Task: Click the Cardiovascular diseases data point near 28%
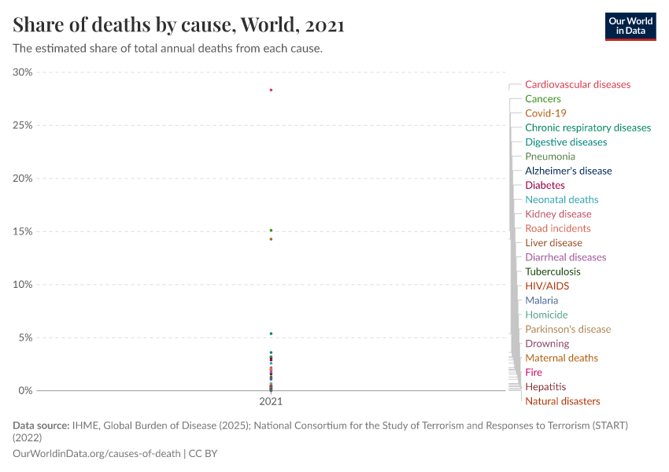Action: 271,90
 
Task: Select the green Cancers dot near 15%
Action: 271,230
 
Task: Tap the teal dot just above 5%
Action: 271,334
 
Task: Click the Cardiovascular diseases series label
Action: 577,84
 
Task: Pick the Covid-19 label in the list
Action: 545,113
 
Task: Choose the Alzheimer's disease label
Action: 567,171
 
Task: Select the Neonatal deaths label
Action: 561,200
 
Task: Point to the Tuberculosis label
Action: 553,271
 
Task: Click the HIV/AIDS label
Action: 546,286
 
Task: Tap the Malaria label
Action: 541,301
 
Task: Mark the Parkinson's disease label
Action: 567,329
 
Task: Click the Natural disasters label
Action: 562,401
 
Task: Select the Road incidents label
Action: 557,228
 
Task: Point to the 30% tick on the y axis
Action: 23,72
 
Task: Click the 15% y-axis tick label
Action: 23,231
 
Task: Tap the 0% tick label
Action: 25,390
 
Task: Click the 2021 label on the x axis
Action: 271,401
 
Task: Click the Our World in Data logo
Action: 630,26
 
